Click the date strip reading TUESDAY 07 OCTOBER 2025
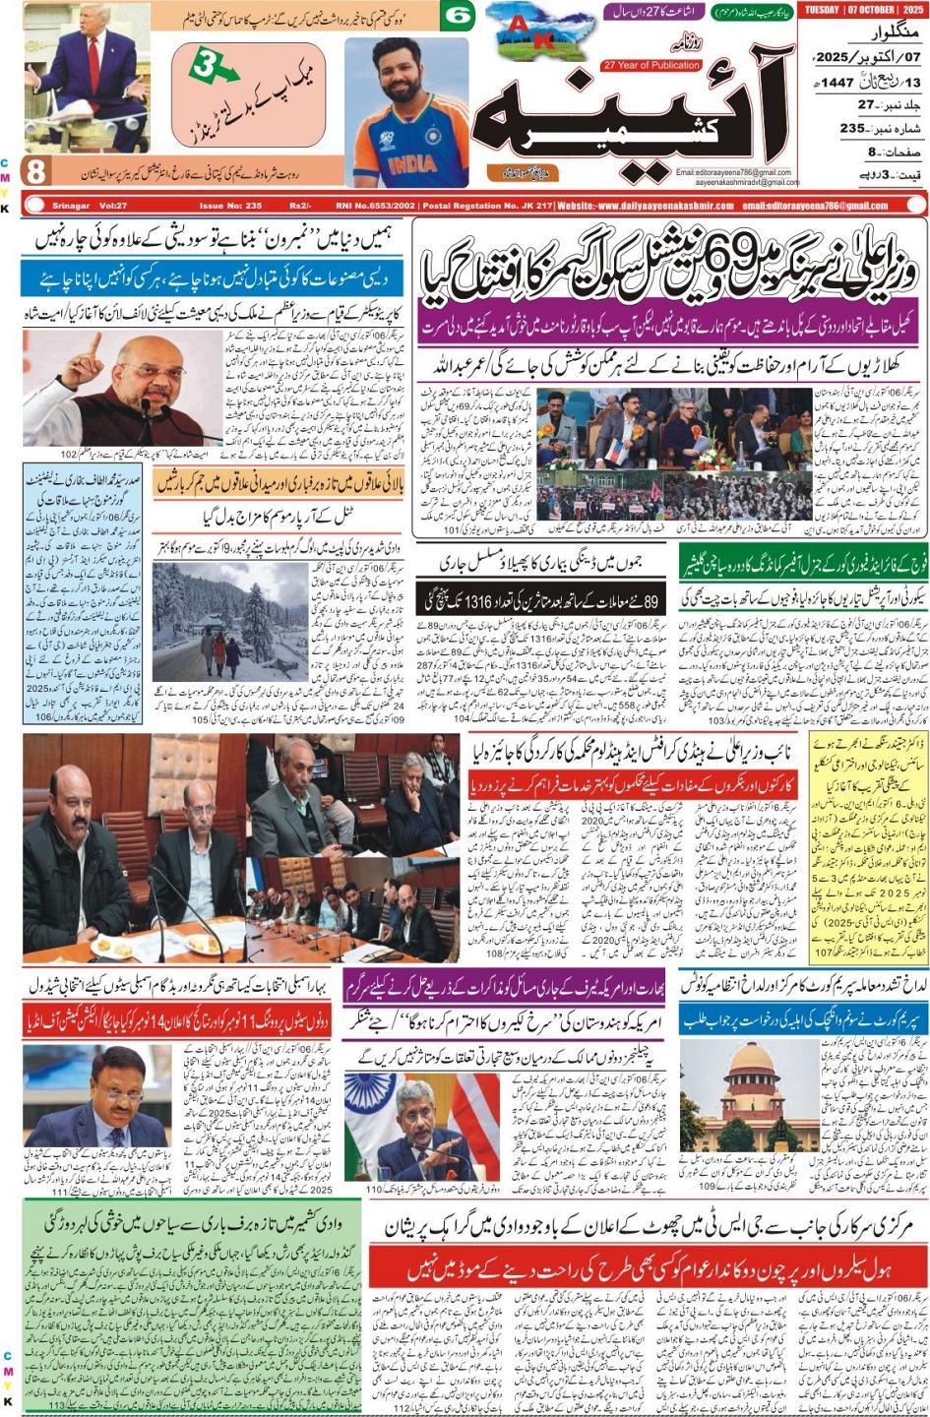click(861, 11)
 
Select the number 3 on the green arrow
click(205, 66)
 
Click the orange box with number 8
click(36, 171)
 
